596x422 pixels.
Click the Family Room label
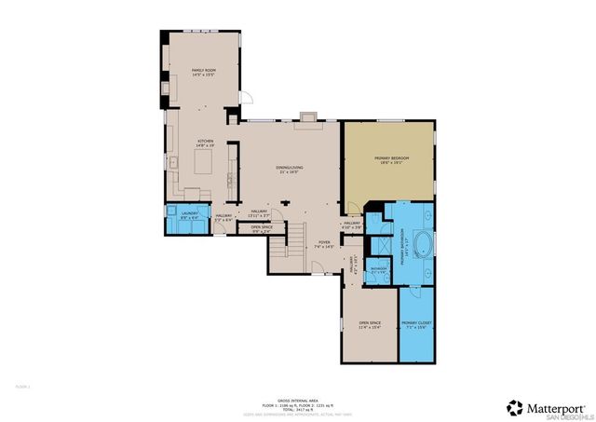pos(204,72)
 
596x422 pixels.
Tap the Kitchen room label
pos(205,143)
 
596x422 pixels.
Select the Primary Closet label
pos(415,325)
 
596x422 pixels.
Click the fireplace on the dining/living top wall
pos(307,118)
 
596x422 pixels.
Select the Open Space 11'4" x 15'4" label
pos(371,325)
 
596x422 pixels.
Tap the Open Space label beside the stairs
pos(261,228)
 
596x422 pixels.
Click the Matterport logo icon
pos(515,407)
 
